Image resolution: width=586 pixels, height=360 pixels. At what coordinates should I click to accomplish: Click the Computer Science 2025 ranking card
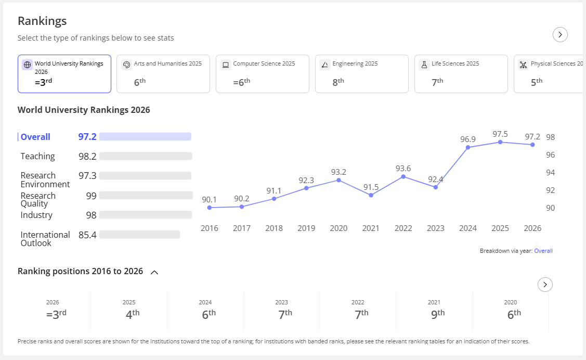click(263, 74)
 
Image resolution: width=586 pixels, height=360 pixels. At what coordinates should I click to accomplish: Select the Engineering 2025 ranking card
click(362, 74)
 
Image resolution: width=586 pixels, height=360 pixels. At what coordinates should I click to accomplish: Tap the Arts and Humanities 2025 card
click(163, 74)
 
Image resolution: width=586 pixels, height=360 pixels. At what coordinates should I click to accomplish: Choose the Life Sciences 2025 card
click(461, 74)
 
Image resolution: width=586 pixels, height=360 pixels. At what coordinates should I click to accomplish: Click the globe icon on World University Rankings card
click(27, 65)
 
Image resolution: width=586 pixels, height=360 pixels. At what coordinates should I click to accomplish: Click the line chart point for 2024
click(468, 148)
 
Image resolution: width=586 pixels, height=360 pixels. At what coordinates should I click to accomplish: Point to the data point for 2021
click(371, 195)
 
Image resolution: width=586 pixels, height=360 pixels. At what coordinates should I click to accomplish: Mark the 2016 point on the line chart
click(209, 208)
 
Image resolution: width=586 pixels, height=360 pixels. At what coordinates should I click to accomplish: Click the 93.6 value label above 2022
click(403, 169)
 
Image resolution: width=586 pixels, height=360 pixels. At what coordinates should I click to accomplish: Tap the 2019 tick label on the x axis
click(306, 228)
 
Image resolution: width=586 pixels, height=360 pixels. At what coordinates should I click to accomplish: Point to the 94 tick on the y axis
click(551, 172)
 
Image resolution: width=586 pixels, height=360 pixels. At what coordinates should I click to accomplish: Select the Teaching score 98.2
click(87, 156)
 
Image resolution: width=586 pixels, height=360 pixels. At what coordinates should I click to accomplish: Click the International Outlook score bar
click(140, 235)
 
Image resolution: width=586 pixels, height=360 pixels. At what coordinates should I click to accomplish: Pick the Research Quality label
click(38, 200)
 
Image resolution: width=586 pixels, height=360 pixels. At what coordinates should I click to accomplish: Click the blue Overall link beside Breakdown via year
click(543, 251)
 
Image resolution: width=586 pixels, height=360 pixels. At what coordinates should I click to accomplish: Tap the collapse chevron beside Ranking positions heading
click(154, 273)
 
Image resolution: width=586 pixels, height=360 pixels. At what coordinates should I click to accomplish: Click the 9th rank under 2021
click(438, 314)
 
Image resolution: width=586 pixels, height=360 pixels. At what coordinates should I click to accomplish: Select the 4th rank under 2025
click(133, 314)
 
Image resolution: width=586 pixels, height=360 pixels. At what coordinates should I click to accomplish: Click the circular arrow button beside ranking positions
click(545, 285)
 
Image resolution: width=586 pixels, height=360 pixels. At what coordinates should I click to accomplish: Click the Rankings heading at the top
click(42, 21)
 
